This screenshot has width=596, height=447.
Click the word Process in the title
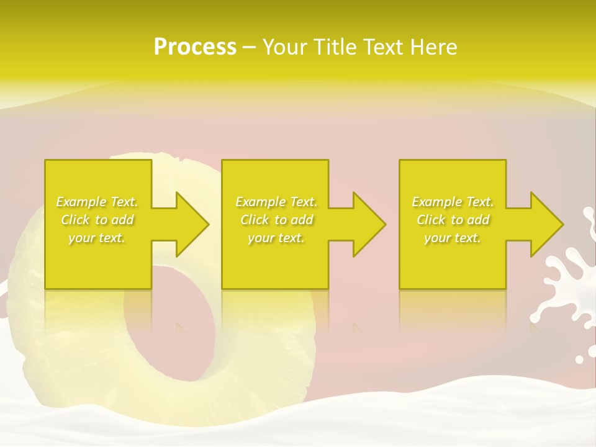pyautogui.click(x=195, y=47)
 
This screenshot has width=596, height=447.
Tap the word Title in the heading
pyautogui.click(x=335, y=47)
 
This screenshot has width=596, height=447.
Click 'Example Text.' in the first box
pyautogui.click(x=97, y=202)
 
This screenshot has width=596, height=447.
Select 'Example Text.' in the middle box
pyautogui.click(x=276, y=202)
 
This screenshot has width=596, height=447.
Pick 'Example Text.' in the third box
pyautogui.click(x=453, y=202)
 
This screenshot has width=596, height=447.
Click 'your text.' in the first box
pyautogui.click(x=97, y=238)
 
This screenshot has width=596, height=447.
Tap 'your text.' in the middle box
pyautogui.click(x=276, y=238)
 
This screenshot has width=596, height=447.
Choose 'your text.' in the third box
pyautogui.click(x=453, y=238)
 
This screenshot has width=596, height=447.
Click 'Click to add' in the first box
pyautogui.click(x=97, y=220)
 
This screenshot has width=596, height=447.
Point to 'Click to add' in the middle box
pyautogui.click(x=276, y=220)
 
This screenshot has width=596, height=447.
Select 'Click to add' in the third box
pyautogui.click(x=453, y=220)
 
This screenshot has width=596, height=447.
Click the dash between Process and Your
pyautogui.click(x=249, y=47)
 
